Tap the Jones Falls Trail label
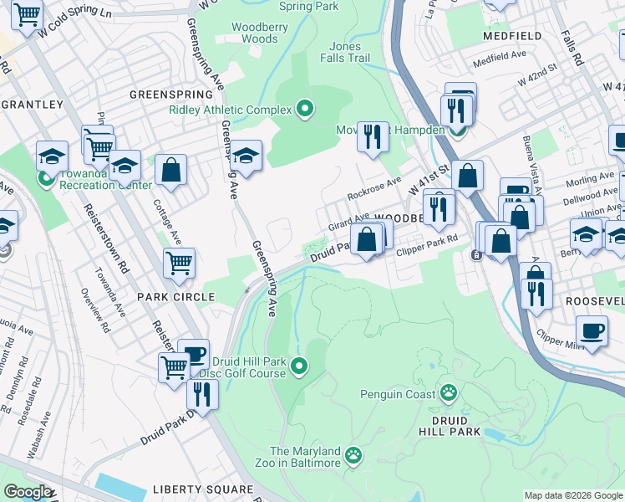(x=344, y=52)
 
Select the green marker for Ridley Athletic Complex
(x=305, y=110)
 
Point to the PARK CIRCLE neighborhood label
(x=176, y=297)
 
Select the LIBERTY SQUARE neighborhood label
(x=202, y=489)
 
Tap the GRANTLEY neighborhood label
(x=33, y=105)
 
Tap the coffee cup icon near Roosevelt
(x=592, y=330)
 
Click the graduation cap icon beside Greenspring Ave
(x=246, y=155)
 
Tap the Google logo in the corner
(x=28, y=492)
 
